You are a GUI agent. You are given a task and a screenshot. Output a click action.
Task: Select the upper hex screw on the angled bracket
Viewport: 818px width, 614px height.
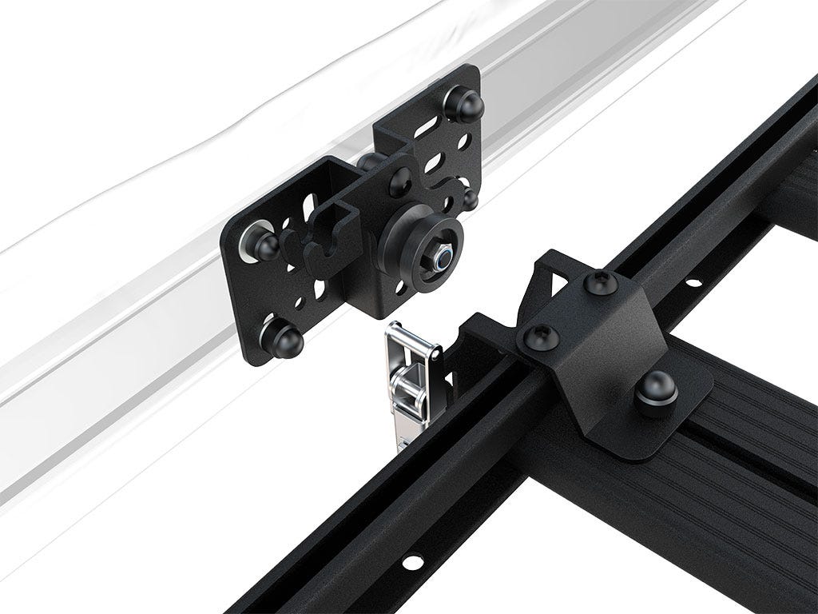(602, 281)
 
